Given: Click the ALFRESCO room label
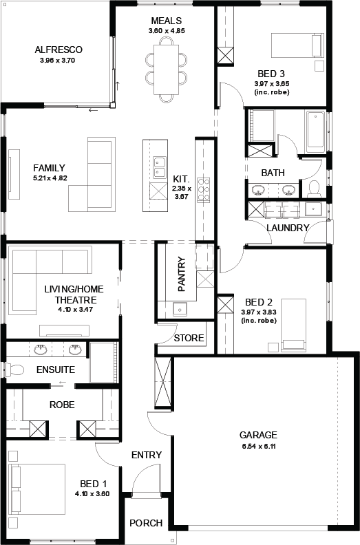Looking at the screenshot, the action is point(59,50).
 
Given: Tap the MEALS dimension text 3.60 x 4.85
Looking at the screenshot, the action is point(167,30).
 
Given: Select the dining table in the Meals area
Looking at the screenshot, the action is point(167,70).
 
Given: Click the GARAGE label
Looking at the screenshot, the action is point(258,435).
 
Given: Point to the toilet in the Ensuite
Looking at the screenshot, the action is point(14,369).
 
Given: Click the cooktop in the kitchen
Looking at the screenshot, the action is point(204,190).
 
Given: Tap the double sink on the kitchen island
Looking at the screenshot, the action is point(159,167).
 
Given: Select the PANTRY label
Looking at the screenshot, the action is point(182,275).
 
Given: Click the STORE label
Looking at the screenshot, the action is point(189,338).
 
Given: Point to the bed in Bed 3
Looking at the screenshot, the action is point(297,45).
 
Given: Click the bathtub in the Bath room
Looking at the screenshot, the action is point(315,129).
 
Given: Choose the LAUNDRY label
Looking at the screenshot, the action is point(288,228).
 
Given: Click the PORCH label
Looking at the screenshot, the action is point(146,523).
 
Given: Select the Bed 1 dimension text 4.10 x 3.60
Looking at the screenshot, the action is point(92,493).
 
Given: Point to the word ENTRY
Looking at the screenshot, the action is point(147,455).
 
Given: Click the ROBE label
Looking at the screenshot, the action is point(62,405).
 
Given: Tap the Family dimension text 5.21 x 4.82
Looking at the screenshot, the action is point(50,178).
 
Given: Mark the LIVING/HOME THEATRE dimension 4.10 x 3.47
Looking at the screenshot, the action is point(75,309).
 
